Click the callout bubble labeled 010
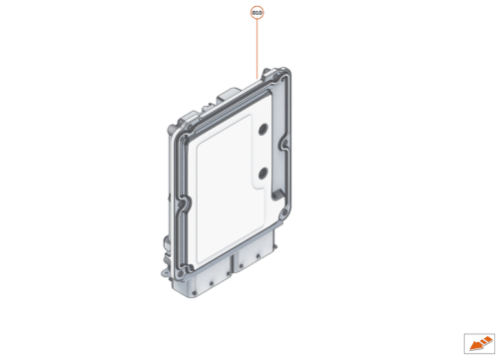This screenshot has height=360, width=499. pos(257,13)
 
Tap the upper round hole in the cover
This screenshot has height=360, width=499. pos(262,130)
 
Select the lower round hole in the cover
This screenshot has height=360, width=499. pos(261,174)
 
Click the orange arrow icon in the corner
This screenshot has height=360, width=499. pos(474,342)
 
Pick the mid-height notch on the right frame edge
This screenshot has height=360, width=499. pos(288,150)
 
